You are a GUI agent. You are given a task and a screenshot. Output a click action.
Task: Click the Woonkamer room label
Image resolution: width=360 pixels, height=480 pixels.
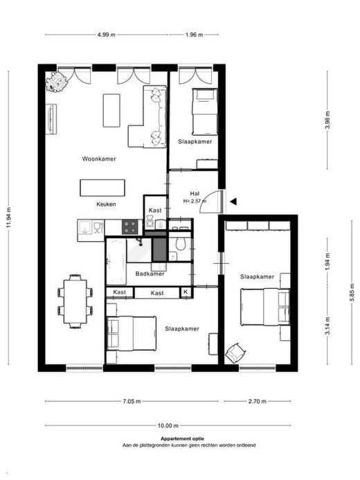click(x=99, y=159)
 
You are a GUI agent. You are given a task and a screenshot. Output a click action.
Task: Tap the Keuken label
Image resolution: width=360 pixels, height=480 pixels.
click(x=106, y=204)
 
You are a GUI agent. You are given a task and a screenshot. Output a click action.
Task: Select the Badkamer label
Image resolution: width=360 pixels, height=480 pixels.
click(x=150, y=274)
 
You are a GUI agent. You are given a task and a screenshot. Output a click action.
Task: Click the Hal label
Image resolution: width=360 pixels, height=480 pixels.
click(x=195, y=193)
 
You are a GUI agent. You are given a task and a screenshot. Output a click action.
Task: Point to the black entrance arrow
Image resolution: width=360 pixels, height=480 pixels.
click(x=234, y=201)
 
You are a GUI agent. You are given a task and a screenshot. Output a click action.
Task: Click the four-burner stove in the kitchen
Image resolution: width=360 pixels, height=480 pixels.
click(x=129, y=226)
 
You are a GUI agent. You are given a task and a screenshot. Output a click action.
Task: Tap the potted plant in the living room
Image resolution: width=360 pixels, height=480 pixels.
click(x=56, y=82)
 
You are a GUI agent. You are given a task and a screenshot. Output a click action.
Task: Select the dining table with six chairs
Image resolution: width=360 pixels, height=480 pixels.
click(x=75, y=301)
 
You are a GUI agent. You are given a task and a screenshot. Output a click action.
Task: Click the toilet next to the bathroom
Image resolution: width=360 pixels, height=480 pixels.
click(x=180, y=243)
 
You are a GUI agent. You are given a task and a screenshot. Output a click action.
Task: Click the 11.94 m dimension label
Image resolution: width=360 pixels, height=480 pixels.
click(x=8, y=217)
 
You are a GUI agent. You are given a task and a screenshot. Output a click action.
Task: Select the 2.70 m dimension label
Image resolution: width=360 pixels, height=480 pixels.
click(x=258, y=401)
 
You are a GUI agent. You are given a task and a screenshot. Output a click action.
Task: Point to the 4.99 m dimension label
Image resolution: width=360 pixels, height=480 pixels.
click(x=107, y=35)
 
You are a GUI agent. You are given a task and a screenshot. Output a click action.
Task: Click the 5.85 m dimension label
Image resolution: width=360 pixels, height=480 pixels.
click(x=352, y=292)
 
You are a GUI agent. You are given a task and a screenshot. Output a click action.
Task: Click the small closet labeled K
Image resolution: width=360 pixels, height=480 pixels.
click(x=186, y=292)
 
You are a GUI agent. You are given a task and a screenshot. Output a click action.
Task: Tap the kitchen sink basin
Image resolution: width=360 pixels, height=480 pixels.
click(x=84, y=226)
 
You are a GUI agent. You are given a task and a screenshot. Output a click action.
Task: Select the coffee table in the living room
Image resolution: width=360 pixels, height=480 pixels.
click(x=111, y=110)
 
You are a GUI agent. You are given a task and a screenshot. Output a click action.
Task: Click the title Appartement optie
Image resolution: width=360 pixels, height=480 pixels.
click(x=182, y=438)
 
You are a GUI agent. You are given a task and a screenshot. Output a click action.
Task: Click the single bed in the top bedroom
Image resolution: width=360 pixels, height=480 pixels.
click(x=205, y=112)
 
